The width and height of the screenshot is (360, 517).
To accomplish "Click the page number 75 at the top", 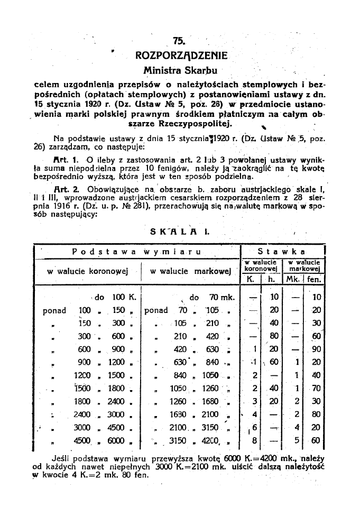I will pyautogui.click(x=180, y=41).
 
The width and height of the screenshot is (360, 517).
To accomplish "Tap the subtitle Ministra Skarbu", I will pyautogui.click(x=180, y=70).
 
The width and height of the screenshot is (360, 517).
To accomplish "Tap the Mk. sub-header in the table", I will pyautogui.click(x=293, y=278).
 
